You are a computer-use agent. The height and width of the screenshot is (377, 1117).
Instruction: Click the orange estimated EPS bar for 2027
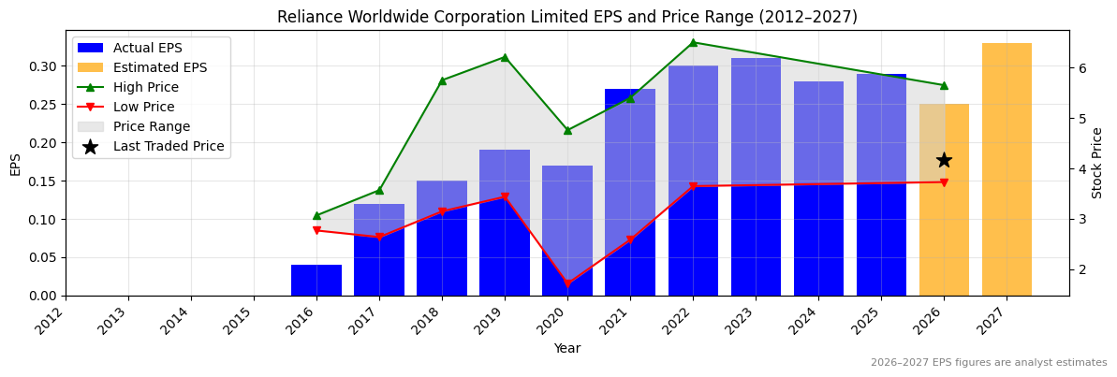click(1007, 169)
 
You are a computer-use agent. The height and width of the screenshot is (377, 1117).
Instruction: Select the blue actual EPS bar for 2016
click(316, 280)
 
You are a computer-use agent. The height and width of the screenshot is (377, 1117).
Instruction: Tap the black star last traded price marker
click(944, 160)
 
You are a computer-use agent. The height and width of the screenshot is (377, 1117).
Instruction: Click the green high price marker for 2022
click(693, 42)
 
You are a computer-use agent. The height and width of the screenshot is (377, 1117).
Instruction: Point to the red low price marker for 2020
click(567, 283)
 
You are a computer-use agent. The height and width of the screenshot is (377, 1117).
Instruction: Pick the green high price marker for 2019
click(505, 57)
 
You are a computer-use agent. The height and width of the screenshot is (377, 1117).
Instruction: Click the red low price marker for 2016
click(316, 230)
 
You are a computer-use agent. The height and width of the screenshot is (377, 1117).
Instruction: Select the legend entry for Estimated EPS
click(159, 67)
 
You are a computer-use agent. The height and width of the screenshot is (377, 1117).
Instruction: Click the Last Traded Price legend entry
click(168, 146)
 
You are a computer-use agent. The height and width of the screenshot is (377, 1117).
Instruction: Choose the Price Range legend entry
click(151, 126)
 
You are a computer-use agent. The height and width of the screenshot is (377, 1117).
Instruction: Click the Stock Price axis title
click(1097, 163)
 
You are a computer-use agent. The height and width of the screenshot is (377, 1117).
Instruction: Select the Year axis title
click(566, 349)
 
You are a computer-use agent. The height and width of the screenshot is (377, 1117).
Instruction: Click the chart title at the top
click(566, 17)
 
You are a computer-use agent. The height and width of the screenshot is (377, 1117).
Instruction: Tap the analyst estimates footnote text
click(988, 363)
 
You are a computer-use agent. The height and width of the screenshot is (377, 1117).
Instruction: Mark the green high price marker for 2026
click(944, 85)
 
